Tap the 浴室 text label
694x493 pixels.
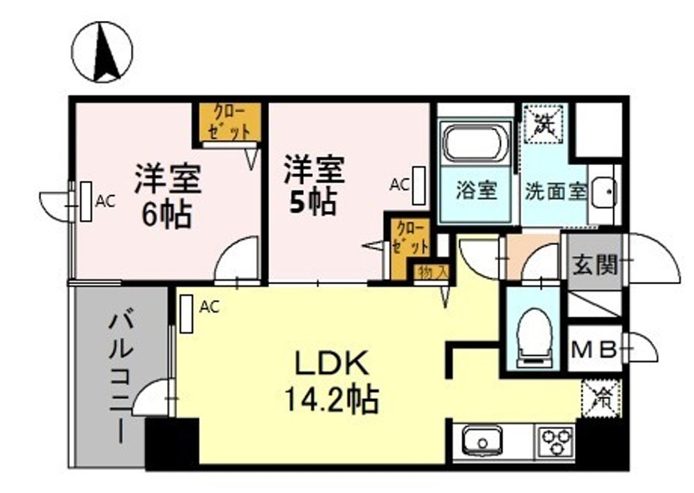pyautogui.click(x=477, y=191)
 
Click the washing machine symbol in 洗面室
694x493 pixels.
pyautogui.click(x=543, y=124)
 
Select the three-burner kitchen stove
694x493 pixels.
pyautogui.click(x=555, y=440)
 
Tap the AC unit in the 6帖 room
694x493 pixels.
pyautogui.click(x=86, y=202)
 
